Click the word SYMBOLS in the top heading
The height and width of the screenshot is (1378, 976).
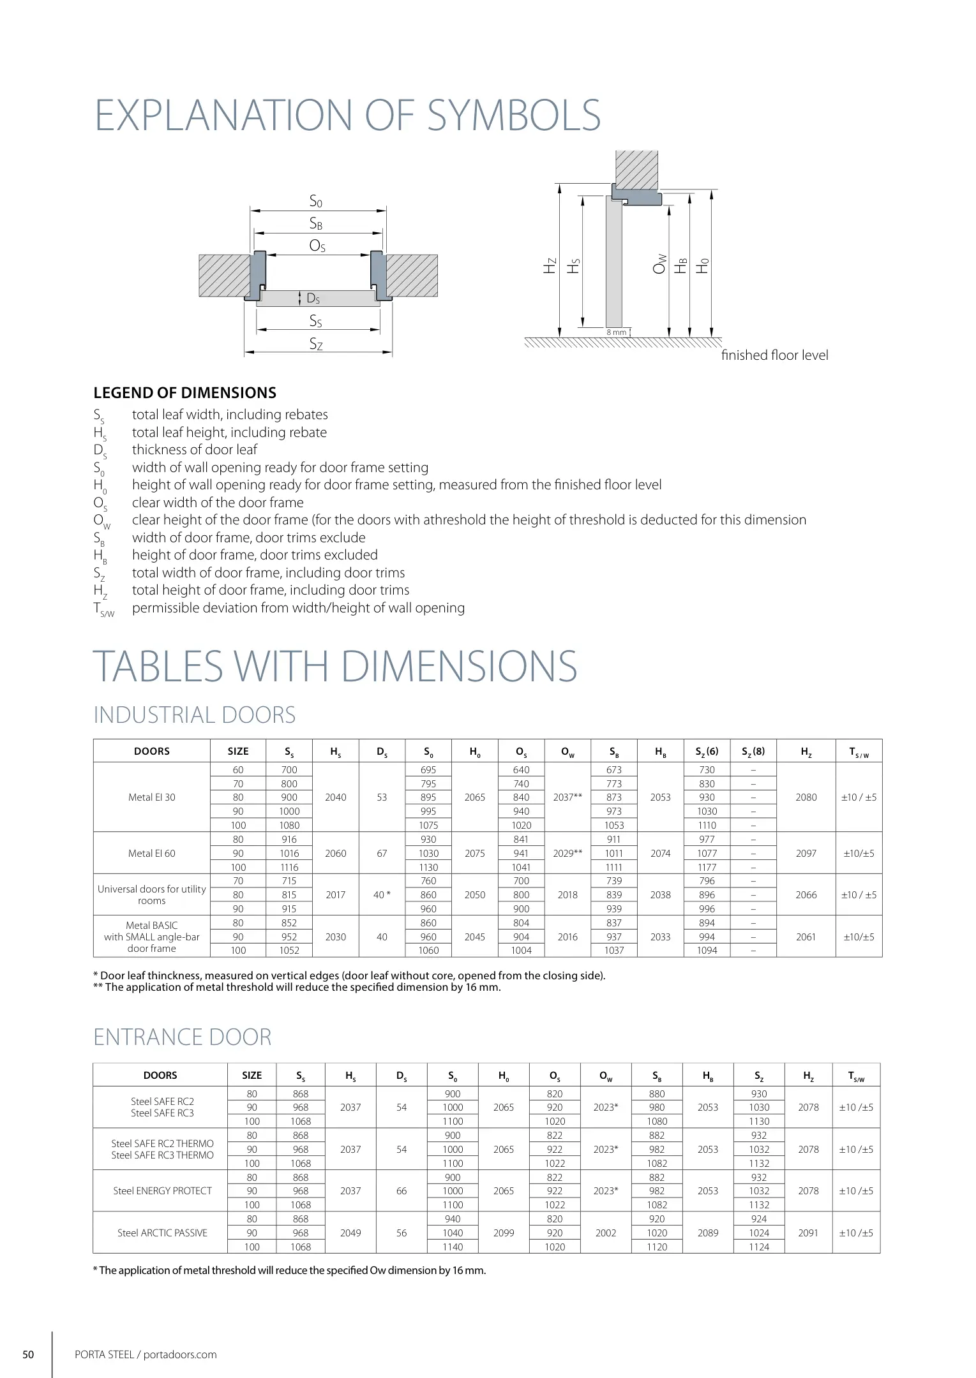click(513, 115)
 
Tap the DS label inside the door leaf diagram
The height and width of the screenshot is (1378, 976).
click(313, 298)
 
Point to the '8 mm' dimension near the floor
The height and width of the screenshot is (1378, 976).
click(616, 332)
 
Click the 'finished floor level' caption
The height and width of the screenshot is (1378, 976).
click(774, 355)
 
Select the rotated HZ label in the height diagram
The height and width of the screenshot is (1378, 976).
click(550, 265)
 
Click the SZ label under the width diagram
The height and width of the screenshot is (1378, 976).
click(316, 344)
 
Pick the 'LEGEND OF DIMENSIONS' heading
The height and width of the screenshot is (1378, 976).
click(185, 393)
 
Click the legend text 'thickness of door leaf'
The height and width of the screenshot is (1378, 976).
click(195, 450)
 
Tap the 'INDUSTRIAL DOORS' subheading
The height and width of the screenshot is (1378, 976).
click(195, 715)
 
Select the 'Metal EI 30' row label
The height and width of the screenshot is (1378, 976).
click(152, 797)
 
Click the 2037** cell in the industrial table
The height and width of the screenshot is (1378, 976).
click(567, 797)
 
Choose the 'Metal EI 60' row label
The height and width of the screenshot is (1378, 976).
click(152, 853)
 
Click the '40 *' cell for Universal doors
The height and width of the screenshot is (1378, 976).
click(382, 894)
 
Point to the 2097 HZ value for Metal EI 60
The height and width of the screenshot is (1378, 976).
click(806, 853)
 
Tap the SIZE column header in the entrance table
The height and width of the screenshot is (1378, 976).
click(252, 1075)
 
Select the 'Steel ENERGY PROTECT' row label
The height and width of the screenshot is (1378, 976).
click(162, 1190)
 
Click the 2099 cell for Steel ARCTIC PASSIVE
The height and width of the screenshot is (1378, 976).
click(504, 1233)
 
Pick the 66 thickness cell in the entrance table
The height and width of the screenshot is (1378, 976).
click(402, 1190)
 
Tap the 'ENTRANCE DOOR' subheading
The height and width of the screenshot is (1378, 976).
click(183, 1037)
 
